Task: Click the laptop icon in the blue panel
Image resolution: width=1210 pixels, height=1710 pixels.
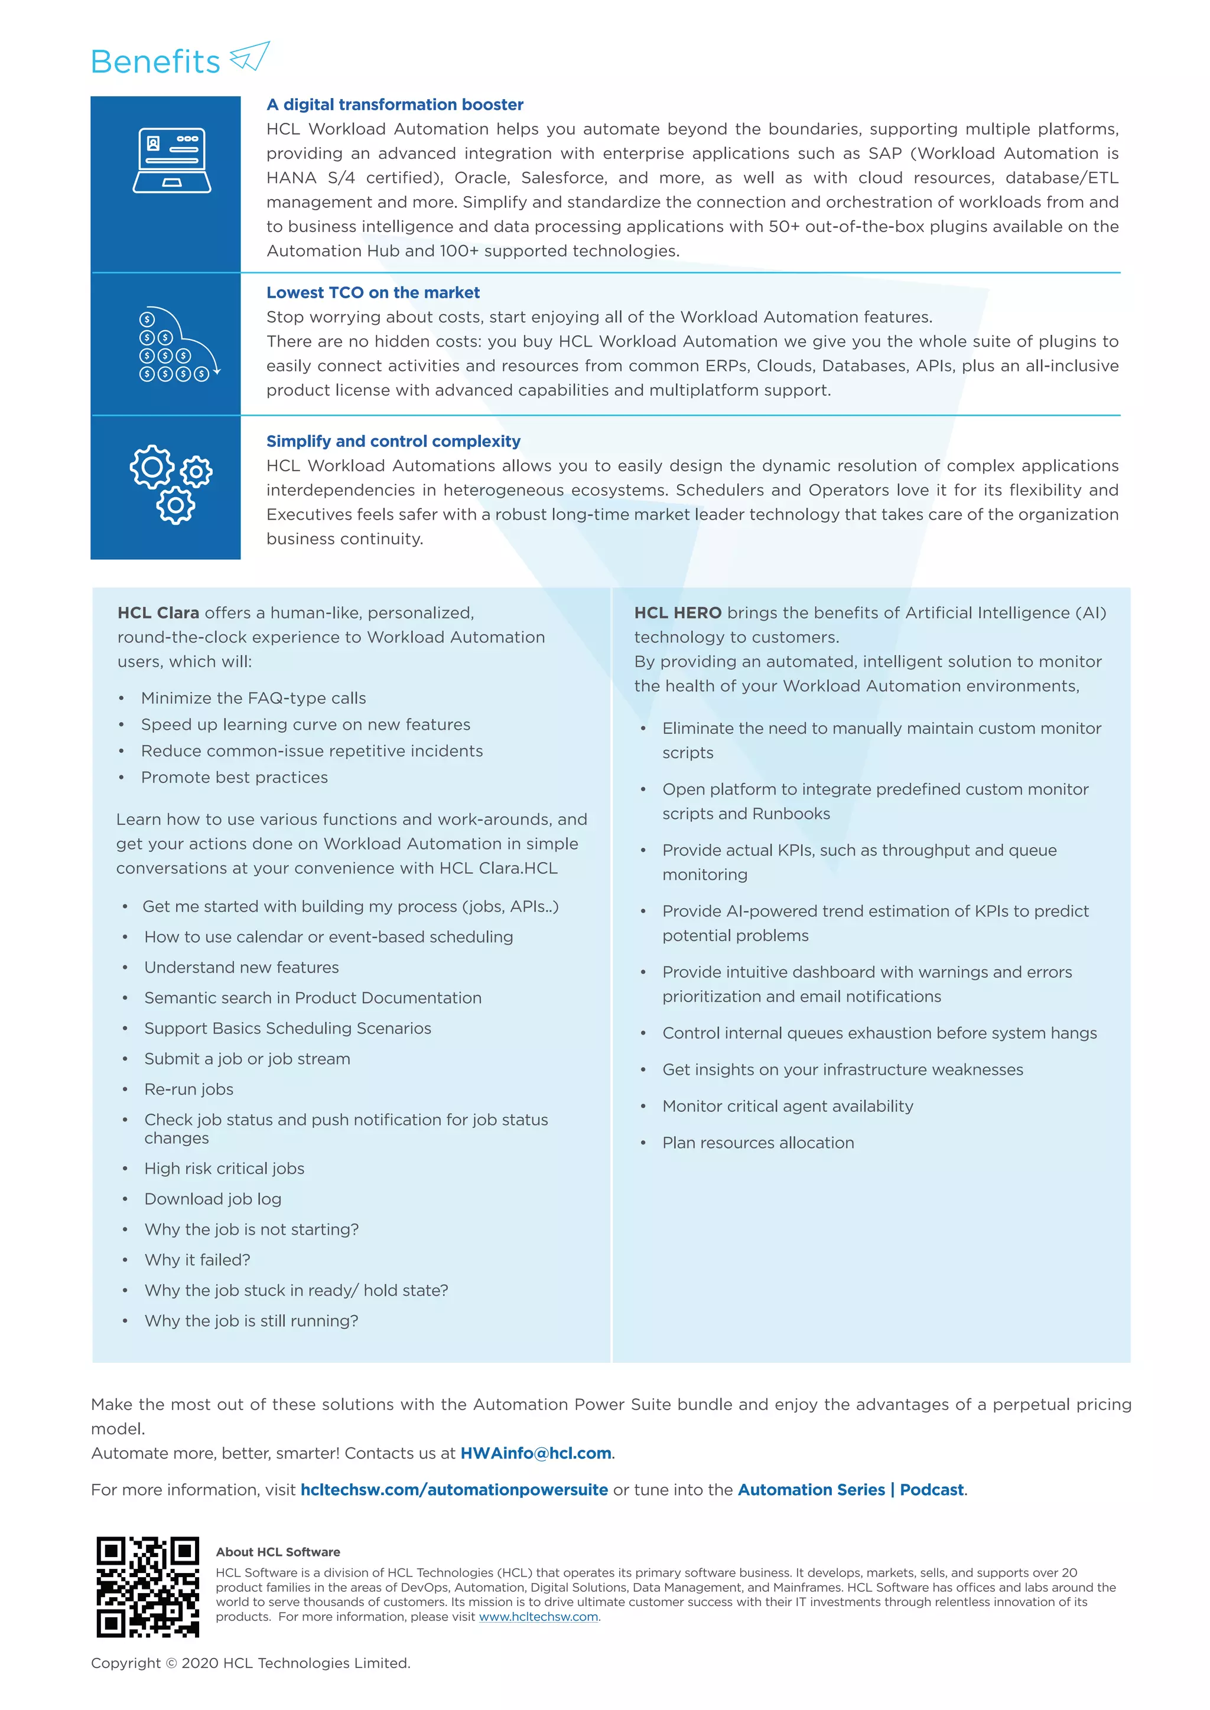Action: [x=171, y=160]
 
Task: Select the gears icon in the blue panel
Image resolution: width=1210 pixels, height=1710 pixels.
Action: [x=171, y=484]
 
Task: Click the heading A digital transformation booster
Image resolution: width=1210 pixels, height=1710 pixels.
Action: [x=395, y=105]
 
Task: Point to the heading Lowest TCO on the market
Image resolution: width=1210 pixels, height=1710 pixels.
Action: [x=373, y=293]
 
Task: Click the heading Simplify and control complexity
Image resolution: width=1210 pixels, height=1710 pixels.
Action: [x=393, y=441]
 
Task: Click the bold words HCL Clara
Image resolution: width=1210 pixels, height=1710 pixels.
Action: [x=158, y=613]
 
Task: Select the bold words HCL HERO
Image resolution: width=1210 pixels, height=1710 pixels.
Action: [x=677, y=613]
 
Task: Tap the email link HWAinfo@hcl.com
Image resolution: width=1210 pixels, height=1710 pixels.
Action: [x=536, y=1453]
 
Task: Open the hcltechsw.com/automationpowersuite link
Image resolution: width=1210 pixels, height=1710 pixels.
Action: [x=454, y=1490]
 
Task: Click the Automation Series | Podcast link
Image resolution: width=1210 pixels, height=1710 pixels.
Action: [x=851, y=1490]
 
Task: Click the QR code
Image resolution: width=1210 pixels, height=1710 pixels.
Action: [x=148, y=1587]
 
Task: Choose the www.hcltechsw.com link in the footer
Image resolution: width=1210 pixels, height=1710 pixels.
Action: [x=538, y=1617]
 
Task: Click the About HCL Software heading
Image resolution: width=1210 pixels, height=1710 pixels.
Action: [x=278, y=1552]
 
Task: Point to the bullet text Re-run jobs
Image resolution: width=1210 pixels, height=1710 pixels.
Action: [x=188, y=1089]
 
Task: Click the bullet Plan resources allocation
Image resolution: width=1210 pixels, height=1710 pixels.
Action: [x=758, y=1143]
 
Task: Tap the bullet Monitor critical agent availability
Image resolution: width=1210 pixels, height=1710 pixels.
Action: [x=788, y=1106]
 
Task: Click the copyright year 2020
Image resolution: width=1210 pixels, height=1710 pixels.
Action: [x=200, y=1664]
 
